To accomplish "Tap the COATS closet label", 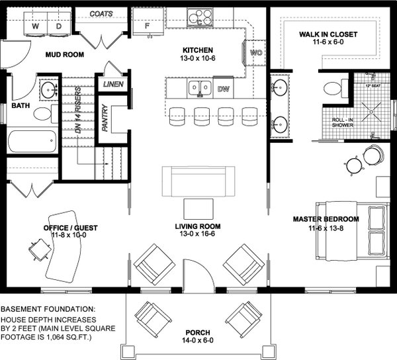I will pos(100,13).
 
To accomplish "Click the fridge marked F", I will pos(147,25).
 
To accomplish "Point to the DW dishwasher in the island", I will pos(223,88).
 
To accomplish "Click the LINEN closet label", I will pos(112,85).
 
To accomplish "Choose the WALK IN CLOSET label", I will pos(328,34).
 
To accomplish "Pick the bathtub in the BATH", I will pos(33,142).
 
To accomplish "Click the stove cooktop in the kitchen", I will pos(198,15).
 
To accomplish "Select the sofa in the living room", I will pos(198,179).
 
